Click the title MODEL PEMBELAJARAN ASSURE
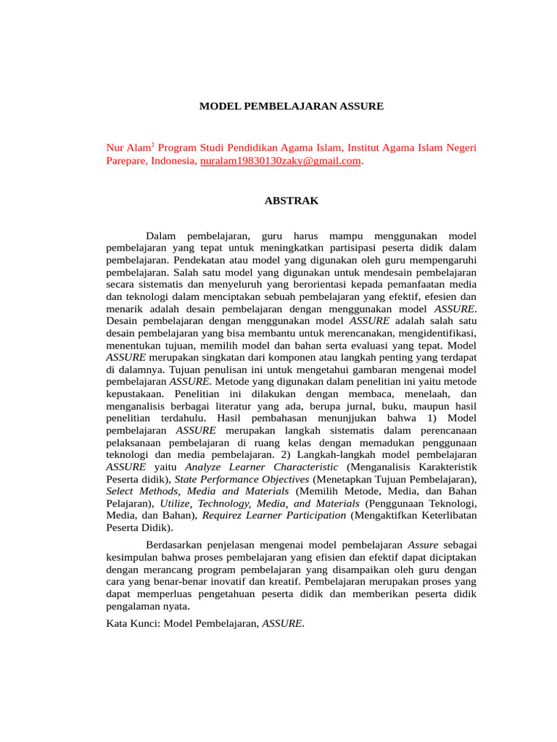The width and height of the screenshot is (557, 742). (x=291, y=107)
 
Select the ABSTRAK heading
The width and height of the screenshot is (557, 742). (x=291, y=201)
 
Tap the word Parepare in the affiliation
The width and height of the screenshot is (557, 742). (x=126, y=161)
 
